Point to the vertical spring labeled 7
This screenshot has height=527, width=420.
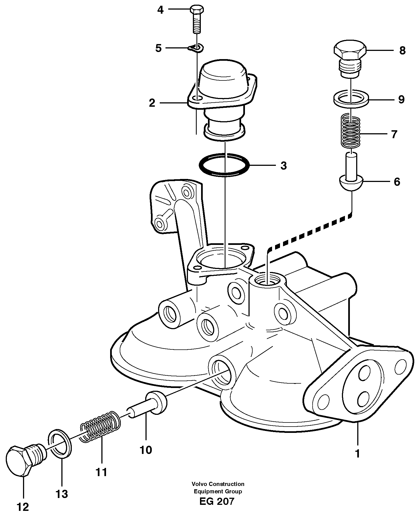point(351,131)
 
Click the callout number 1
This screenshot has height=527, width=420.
point(357,454)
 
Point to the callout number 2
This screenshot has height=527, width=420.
point(152,103)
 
